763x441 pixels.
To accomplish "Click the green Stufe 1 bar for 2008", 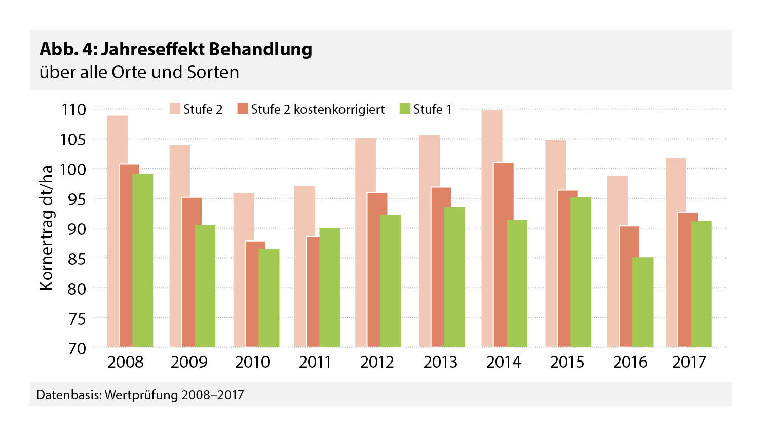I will tap(143, 260).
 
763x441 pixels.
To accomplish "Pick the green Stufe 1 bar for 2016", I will tap(643, 302).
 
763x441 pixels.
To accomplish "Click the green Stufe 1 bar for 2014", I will tap(517, 284).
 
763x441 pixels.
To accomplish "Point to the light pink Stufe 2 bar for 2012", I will tap(365, 243).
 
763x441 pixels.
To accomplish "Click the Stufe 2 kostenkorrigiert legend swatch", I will tap(243, 109).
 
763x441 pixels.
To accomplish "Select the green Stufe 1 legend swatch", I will tap(405, 109).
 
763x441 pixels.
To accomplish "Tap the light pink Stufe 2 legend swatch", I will tap(175, 109).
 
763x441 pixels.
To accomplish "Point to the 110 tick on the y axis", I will tap(74, 109).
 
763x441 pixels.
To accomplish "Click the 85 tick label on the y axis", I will tap(74, 259).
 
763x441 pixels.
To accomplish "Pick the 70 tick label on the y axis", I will tap(74, 348).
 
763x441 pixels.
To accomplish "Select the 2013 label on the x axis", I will tap(440, 362).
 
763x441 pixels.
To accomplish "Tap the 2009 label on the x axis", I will tap(189, 362).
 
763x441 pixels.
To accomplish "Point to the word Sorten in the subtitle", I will tap(213, 72).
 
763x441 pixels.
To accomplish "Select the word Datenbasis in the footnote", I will tap(68, 395).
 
